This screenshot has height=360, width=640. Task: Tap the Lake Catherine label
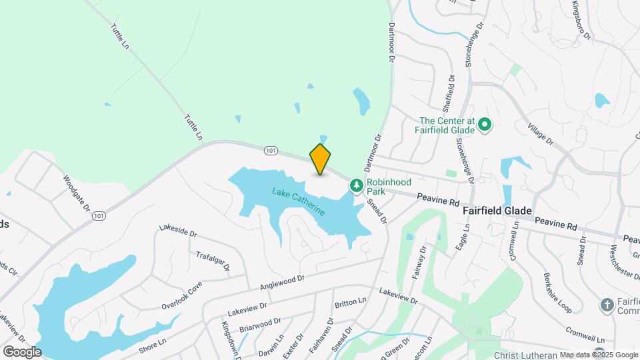click(299, 202)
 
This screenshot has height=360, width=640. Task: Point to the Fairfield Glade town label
click(497, 211)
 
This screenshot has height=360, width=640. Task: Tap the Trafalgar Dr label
click(213, 261)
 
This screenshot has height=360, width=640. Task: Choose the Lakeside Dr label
click(178, 231)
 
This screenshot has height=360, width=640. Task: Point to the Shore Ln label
click(153, 342)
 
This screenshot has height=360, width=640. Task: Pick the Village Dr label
click(540, 133)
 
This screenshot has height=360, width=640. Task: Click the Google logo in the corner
click(21, 351)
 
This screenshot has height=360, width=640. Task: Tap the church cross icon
click(607, 305)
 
